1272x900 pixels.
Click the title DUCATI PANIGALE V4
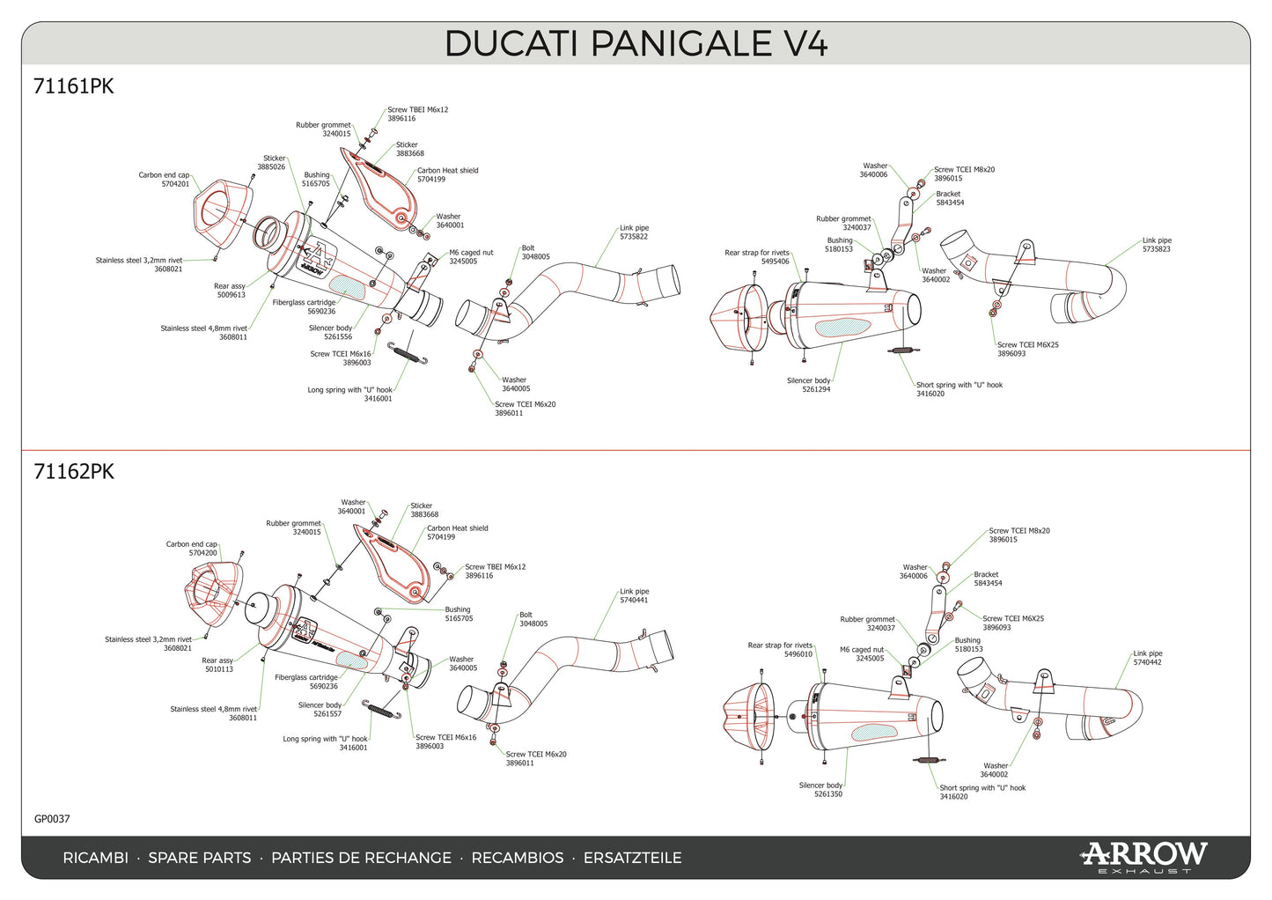coord(636,43)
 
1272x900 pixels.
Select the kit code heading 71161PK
coord(73,86)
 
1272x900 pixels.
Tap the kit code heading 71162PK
coord(73,471)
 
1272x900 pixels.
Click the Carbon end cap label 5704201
coord(164,180)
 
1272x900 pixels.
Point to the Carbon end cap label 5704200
coord(192,549)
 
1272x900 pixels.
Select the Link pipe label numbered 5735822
coord(634,232)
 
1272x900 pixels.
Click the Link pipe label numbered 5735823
coord(1157,245)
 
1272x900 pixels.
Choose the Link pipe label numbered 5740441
coord(634,596)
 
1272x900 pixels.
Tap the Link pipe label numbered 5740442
coord(1147,658)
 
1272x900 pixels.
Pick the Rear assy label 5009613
coord(230,291)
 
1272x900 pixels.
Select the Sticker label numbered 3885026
coord(271,163)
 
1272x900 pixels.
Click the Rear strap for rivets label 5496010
coord(781,650)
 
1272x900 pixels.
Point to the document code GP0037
coord(52,819)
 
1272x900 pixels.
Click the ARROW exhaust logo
coord(1143,856)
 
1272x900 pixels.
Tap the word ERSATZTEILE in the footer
coord(632,858)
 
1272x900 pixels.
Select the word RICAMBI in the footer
coord(95,858)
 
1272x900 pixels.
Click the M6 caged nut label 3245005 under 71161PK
coord(471,257)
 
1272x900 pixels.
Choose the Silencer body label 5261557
coord(320,710)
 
